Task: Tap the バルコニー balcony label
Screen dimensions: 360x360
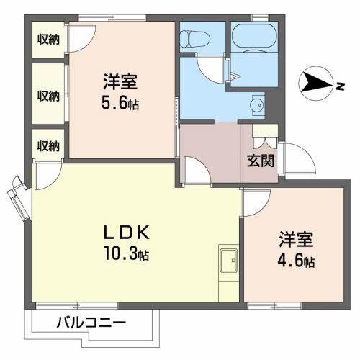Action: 91,323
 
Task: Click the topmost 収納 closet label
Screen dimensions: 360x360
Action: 48,40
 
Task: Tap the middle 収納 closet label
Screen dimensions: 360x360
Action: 48,95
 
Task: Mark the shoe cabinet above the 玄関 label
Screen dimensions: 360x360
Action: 261,135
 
